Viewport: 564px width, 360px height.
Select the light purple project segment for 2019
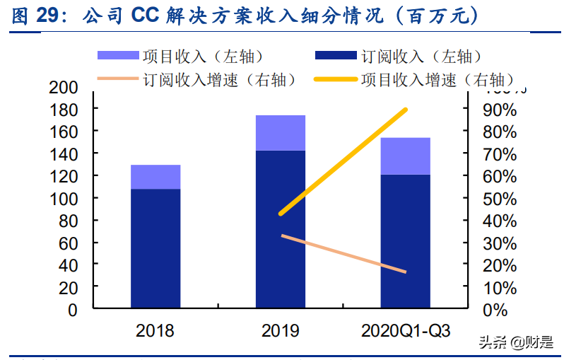click(x=281, y=132)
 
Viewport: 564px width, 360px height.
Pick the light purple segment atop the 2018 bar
click(x=155, y=177)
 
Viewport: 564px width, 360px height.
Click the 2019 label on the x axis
click(x=281, y=330)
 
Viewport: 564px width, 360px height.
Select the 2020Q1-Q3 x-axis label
click(x=406, y=330)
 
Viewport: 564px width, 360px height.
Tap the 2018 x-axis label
click(x=155, y=330)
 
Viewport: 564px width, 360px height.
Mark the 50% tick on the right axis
click(x=503, y=199)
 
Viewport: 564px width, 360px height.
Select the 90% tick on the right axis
click(x=503, y=110)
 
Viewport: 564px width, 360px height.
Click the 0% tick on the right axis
click(x=498, y=310)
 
